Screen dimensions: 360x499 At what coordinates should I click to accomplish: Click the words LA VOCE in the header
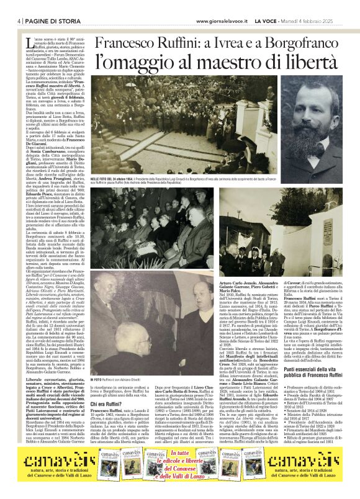coord(266,20)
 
